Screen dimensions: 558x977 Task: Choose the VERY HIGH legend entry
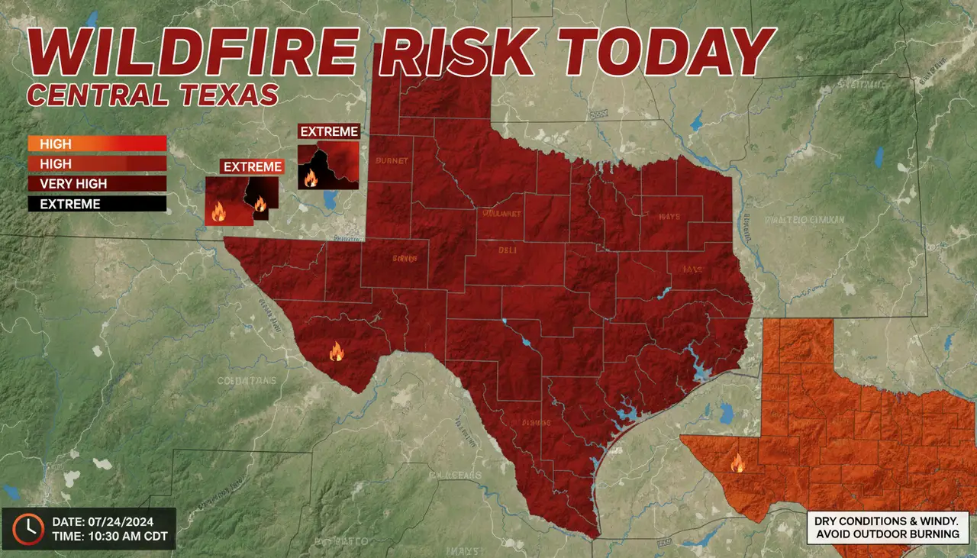96,184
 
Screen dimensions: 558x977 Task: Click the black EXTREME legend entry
96,204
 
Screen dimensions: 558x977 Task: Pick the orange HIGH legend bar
96,144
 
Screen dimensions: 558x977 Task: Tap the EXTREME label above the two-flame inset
252,166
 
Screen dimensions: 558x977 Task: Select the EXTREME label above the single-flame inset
329,131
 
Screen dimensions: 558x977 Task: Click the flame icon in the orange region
737,463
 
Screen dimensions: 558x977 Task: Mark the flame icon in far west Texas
336,352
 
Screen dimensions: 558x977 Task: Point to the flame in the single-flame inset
311,179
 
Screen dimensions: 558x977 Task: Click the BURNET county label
392,161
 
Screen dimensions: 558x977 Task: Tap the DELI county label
508,250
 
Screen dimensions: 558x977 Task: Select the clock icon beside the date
29,528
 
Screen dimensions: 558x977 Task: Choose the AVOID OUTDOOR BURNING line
888,534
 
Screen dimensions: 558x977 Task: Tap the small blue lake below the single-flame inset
330,201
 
